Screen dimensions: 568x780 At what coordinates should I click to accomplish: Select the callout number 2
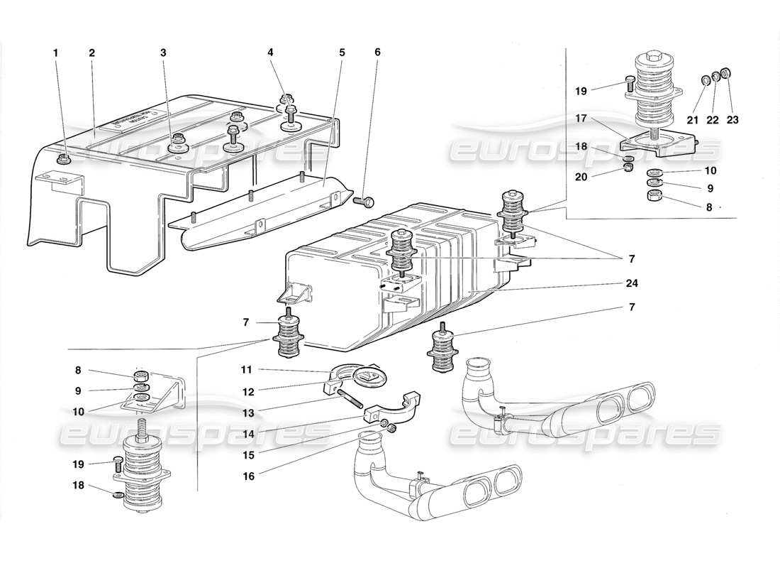92,53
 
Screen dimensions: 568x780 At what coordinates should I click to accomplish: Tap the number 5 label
164,53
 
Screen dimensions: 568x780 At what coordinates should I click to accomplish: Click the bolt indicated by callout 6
342,53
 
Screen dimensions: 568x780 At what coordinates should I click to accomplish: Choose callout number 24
377,53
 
